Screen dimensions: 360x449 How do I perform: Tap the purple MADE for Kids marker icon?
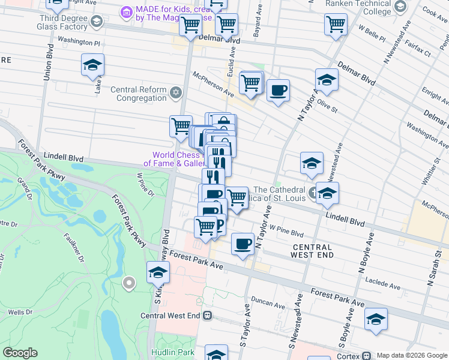[x=126, y=12]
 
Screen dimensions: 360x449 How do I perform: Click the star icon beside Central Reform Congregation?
[x=175, y=92]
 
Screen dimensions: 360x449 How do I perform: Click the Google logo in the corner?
[x=20, y=353]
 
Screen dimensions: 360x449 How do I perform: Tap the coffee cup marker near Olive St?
[x=278, y=91]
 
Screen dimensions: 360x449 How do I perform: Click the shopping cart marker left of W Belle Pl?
[x=336, y=25]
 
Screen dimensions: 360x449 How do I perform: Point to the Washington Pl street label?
[x=79, y=43]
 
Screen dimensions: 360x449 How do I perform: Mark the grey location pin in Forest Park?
[x=128, y=282]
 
